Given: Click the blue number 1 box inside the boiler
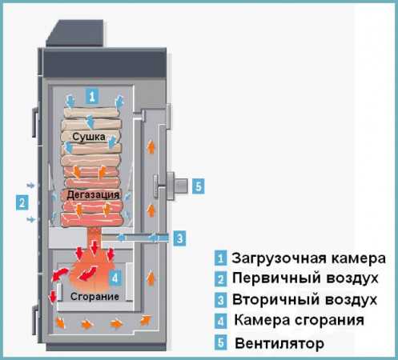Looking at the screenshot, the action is click(92, 96).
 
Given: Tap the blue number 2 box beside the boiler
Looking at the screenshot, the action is click(22, 202).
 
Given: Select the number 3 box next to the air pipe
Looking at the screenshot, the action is click(179, 238).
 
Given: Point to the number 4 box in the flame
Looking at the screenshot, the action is click(115, 278).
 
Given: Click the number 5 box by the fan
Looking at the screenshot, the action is click(199, 186).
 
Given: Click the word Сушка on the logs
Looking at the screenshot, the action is click(89, 137).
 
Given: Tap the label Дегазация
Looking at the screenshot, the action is click(93, 194).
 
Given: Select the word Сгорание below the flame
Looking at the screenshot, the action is click(94, 296).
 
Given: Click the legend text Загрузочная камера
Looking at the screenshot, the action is click(308, 258).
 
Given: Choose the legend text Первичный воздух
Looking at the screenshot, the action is click(305, 278).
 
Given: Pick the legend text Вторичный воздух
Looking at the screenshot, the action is click(304, 299).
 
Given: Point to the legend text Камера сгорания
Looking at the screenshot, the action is click(299, 320).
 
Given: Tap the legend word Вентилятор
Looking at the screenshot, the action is click(279, 343).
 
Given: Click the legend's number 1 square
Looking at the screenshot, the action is click(220, 258).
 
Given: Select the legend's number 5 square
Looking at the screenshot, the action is click(220, 342).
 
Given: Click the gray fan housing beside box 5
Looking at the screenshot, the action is click(177, 186).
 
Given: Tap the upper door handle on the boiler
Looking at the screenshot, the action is click(35, 122).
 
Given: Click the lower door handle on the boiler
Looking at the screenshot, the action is click(35, 320).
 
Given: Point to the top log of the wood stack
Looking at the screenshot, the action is click(91, 113).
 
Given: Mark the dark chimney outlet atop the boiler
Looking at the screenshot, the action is click(75, 33).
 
